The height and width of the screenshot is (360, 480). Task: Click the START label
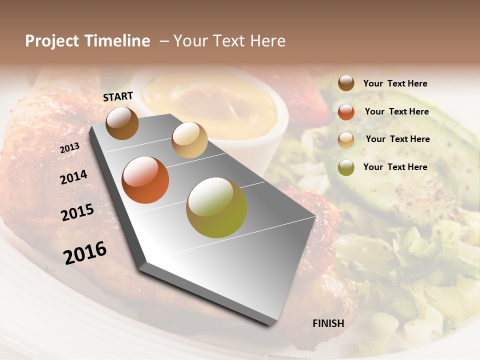pyautogui.click(x=118, y=96)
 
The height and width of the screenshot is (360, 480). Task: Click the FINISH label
pyautogui.click(x=328, y=323)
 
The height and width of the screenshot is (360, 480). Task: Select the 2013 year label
pyautogui.click(x=69, y=148)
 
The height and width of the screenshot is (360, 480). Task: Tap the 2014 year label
pyautogui.click(x=73, y=177)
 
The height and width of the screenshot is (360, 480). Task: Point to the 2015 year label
pyautogui.click(x=77, y=213)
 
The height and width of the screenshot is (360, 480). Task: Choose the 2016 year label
pyautogui.click(x=85, y=253)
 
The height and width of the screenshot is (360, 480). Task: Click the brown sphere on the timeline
pyautogui.click(x=122, y=123)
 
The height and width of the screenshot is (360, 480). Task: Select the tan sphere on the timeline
pyautogui.click(x=189, y=140)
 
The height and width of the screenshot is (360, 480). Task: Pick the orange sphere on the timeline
pyautogui.click(x=145, y=180)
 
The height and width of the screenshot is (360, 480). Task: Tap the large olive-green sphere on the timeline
pyautogui.click(x=216, y=207)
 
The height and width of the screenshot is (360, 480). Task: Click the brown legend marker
pyautogui.click(x=346, y=83)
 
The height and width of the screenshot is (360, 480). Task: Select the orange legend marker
pyautogui.click(x=346, y=111)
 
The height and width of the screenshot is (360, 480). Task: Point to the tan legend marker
pyautogui.click(x=346, y=139)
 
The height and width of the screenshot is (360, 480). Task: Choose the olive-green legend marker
pyautogui.click(x=346, y=167)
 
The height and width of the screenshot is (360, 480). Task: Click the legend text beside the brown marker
pyautogui.click(x=395, y=83)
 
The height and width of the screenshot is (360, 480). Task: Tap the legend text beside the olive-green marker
pyautogui.click(x=395, y=167)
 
